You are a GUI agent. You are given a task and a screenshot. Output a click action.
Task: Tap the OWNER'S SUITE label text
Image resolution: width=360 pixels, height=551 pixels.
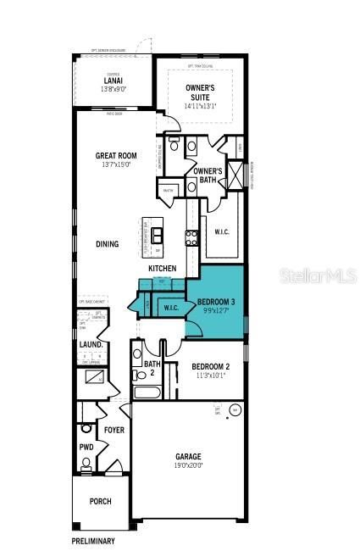pyautogui.click(x=202, y=90)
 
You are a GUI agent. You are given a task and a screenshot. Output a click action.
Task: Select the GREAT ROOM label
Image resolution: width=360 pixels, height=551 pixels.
pyautogui.click(x=116, y=155)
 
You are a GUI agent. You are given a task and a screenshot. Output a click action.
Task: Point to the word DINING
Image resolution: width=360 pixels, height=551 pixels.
pyautogui.click(x=107, y=244)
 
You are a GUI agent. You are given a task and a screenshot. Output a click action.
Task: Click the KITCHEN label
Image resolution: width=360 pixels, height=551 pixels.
pyautogui.click(x=163, y=269)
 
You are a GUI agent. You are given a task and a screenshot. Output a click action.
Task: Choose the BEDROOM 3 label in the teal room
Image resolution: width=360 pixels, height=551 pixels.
pyautogui.click(x=217, y=302)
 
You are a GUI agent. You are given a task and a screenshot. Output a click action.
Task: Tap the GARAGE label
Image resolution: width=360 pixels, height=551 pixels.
pyautogui.click(x=188, y=456)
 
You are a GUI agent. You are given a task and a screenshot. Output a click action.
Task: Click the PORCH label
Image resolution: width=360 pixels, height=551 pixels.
pyautogui.click(x=100, y=501)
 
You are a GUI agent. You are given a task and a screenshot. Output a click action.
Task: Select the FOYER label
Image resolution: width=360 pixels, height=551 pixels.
pyautogui.click(x=114, y=430)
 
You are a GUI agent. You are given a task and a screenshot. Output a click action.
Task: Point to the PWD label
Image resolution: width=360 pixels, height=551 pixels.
pyautogui.click(x=86, y=447)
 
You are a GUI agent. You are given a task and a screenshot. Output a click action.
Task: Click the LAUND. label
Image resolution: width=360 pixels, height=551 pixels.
pyautogui.click(x=91, y=345)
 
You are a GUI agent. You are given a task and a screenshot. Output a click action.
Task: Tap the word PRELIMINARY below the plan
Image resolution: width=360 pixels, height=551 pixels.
pyautogui.click(x=92, y=540)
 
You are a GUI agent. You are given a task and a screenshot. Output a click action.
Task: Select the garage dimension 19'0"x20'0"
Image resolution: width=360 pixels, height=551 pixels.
pyautogui.click(x=188, y=465)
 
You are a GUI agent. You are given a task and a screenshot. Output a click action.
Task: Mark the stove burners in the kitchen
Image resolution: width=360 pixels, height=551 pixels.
pyautogui.click(x=191, y=238)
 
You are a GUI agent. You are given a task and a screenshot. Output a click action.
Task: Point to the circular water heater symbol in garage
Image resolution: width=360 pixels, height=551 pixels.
pyautogui.click(x=235, y=410)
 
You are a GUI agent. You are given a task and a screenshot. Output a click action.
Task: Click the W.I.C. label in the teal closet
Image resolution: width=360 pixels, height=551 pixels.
pyautogui.click(x=169, y=308)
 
